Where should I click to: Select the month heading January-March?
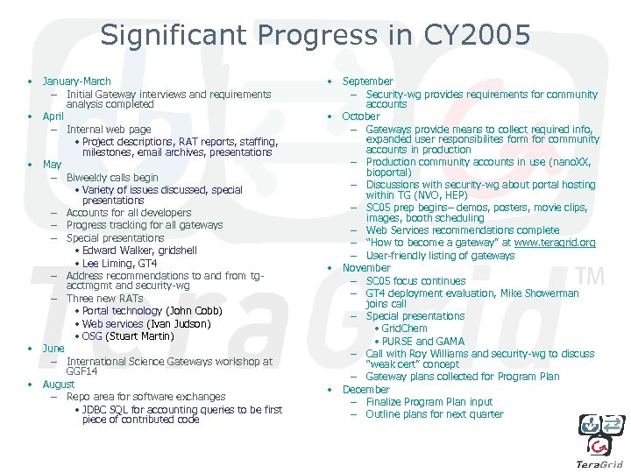[x=77, y=81]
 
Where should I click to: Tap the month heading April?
[x=53, y=116]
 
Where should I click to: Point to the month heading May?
[x=52, y=165]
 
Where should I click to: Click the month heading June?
[x=53, y=349]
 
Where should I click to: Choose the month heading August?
[x=59, y=385]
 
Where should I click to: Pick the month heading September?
[x=368, y=81]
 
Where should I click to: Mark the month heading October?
[x=361, y=116]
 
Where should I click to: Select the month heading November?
[x=366, y=268]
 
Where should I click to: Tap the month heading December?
[x=366, y=390]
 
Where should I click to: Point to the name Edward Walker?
[x=117, y=251]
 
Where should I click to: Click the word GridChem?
[x=404, y=329]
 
